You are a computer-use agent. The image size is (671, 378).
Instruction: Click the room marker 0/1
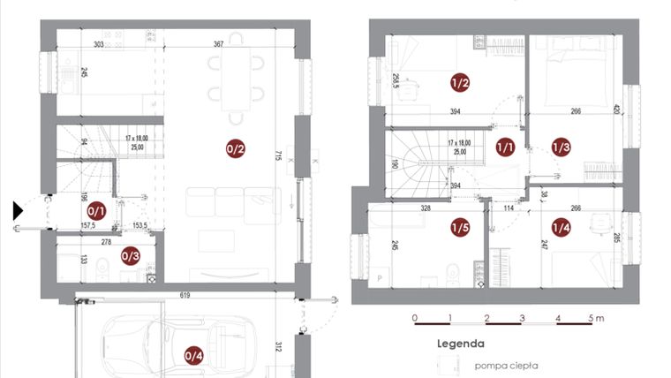[97, 211]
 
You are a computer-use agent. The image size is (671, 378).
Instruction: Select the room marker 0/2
[236, 149]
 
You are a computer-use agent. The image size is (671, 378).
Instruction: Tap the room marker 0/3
[130, 256]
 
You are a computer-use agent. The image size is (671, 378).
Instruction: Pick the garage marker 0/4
[193, 355]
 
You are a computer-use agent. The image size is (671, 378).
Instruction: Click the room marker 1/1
[506, 147]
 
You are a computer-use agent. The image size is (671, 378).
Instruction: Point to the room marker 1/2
[460, 84]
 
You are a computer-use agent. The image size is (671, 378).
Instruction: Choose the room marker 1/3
[562, 147]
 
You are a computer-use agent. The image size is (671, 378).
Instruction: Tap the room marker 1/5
[460, 228]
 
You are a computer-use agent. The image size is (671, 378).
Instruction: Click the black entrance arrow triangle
[19, 211]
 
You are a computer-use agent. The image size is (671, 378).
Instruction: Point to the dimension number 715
[279, 155]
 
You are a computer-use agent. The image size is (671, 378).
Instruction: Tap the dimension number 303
[99, 43]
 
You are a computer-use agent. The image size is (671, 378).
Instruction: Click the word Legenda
[461, 344]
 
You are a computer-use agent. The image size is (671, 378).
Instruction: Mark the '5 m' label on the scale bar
[597, 317]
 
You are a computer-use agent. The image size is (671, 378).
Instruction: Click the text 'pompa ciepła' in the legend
[505, 365]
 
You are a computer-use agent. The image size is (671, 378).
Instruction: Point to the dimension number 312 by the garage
[279, 347]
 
